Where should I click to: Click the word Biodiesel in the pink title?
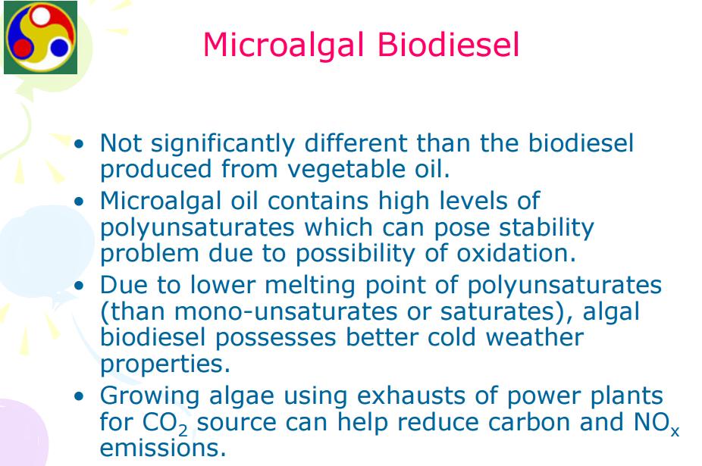click(x=448, y=45)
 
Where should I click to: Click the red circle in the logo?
click(x=21, y=47)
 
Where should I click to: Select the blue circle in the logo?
click(x=59, y=47)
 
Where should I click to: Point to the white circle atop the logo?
click(x=41, y=17)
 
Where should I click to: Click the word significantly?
click(x=223, y=144)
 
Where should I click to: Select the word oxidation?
click(x=516, y=253)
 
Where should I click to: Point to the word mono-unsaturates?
click(x=286, y=312)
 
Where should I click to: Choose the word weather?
click(x=534, y=337)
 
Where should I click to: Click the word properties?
click(x=165, y=364)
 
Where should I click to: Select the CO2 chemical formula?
click(x=165, y=424)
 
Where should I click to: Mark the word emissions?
click(x=162, y=448)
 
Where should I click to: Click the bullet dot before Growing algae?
click(x=80, y=396)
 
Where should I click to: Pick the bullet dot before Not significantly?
click(x=80, y=144)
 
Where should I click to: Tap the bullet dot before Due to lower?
click(x=80, y=286)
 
